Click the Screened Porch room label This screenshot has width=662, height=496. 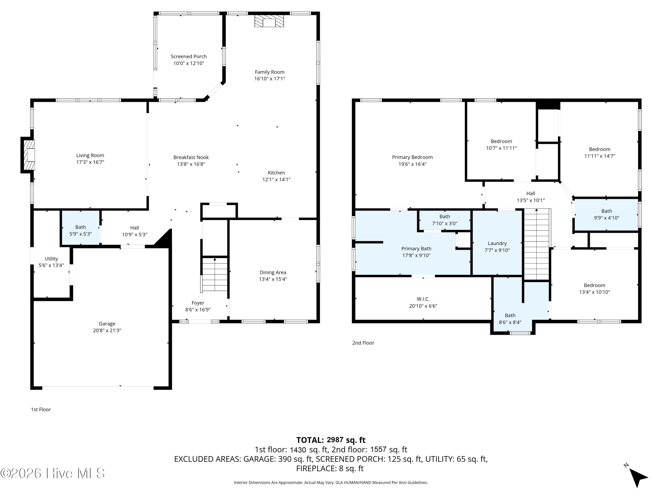[188, 56]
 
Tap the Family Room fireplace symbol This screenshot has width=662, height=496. [269, 21]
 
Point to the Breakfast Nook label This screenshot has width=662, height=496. [191, 157]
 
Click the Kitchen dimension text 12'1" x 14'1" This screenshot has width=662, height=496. [276, 179]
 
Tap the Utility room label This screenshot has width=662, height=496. [51, 259]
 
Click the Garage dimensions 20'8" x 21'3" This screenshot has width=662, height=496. [107, 330]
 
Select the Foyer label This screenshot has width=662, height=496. [198, 303]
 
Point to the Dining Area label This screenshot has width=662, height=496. [273, 272]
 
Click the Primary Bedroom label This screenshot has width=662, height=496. [412, 157]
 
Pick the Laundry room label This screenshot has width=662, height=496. [497, 243]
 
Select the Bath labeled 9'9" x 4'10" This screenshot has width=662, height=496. [606, 214]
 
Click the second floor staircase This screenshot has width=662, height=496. [537, 244]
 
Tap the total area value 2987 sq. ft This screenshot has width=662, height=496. [346, 440]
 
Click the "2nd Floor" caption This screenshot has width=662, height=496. [363, 343]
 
